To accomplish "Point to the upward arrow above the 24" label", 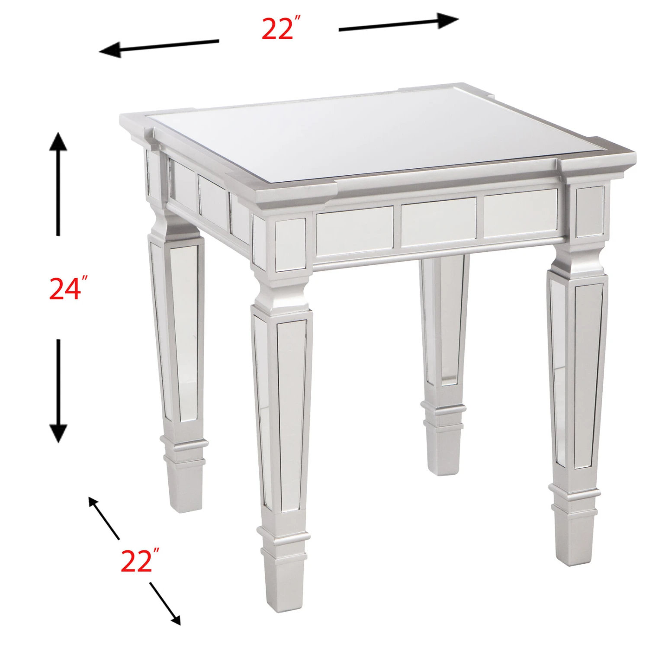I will (58, 184).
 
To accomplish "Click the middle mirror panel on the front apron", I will (438, 223).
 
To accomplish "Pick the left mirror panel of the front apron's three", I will (355, 230).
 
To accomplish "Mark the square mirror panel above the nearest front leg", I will (290, 243).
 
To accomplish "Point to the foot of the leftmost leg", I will (184, 487).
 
